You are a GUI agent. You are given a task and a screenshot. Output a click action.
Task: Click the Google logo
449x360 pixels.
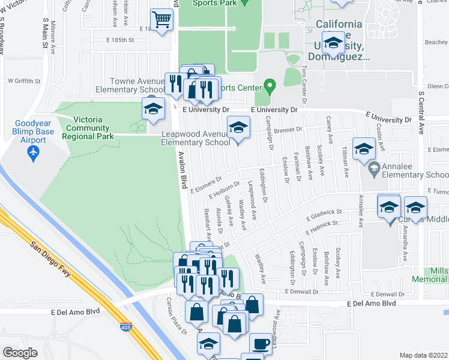tap(20, 353)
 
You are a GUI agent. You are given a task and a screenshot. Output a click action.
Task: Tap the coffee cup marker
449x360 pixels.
tap(261, 344)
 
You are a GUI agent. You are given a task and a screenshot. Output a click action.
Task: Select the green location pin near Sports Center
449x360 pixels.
tap(270, 86)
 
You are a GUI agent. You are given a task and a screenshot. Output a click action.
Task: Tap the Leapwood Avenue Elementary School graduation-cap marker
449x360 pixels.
tap(238, 128)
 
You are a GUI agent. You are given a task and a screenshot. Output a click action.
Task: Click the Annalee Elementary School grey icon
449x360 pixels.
tap(374, 167)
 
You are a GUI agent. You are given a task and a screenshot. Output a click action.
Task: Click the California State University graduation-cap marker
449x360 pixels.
tap(333, 43)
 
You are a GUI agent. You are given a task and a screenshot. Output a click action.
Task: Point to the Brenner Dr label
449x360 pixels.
tap(289, 130)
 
